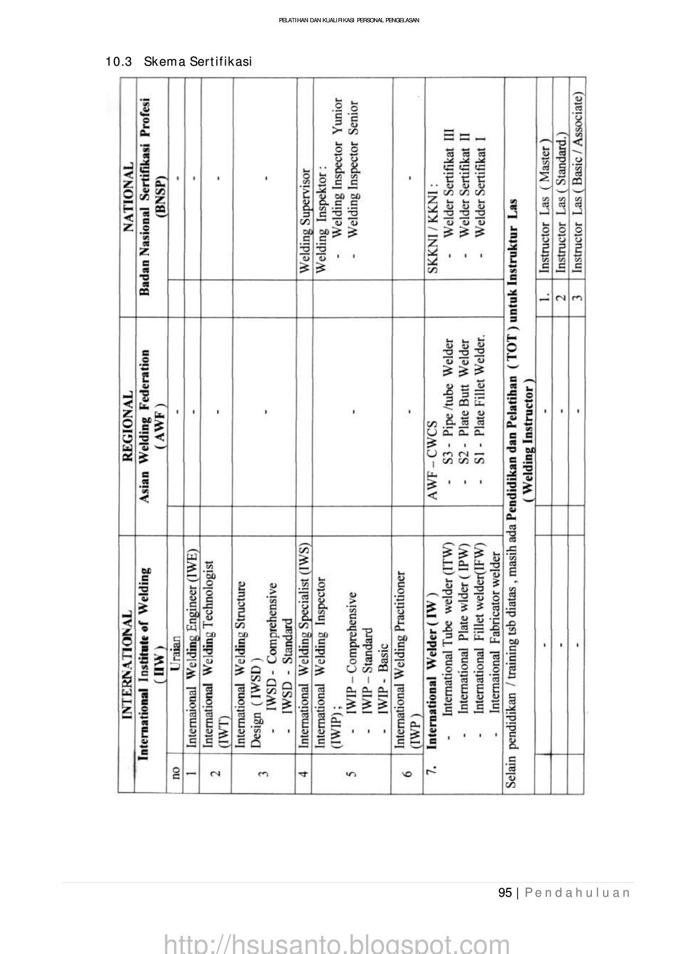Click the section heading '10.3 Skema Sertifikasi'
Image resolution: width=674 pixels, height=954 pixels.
pyautogui.click(x=179, y=62)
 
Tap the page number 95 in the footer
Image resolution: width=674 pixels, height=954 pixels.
pyautogui.click(x=505, y=893)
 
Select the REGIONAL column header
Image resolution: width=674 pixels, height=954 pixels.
pyautogui.click(x=127, y=420)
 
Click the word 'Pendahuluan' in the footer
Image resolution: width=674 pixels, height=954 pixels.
pyautogui.click(x=578, y=893)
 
